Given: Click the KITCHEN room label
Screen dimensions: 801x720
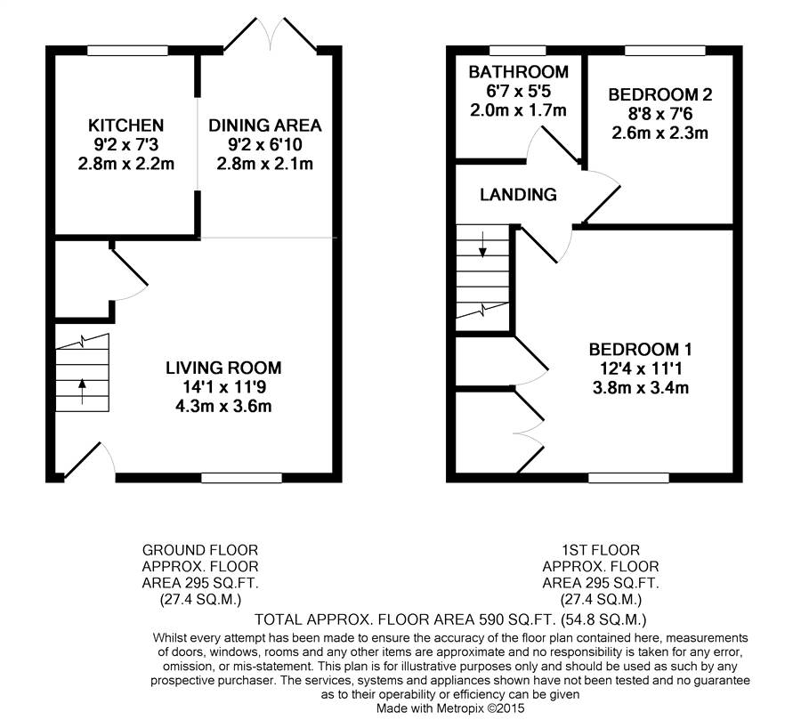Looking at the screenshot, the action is click(125, 125).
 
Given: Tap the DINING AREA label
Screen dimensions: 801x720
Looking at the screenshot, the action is click(264, 125).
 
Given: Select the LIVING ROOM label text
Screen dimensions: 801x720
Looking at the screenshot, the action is click(223, 368).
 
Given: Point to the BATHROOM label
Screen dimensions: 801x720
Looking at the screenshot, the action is click(519, 72).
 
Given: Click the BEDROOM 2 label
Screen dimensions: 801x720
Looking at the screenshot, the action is click(660, 94).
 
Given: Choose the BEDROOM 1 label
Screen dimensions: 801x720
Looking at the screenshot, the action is click(641, 350).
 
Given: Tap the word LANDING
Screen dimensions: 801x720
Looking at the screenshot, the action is click(518, 194).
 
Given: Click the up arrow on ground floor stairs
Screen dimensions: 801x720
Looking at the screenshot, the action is click(82, 391).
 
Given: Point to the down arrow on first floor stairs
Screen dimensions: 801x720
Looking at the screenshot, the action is click(482, 244).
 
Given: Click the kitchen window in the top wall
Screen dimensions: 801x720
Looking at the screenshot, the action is click(127, 51).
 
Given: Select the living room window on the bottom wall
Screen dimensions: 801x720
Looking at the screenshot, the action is click(241, 478).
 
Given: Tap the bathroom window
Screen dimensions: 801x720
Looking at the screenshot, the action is click(517, 51).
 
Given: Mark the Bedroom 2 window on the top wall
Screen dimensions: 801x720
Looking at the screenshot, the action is click(665, 51).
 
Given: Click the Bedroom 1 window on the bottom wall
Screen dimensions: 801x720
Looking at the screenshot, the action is click(628, 478).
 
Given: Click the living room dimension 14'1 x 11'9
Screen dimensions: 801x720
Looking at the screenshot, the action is click(223, 387).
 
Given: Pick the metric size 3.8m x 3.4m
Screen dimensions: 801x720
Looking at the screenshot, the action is click(641, 388).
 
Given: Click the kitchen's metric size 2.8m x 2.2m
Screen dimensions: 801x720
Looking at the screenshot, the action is click(125, 164).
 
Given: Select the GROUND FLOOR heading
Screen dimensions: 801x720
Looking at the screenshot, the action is click(200, 550).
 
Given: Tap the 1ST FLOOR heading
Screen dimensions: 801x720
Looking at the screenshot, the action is click(601, 550).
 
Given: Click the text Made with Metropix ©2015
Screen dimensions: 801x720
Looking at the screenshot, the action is click(450, 708).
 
